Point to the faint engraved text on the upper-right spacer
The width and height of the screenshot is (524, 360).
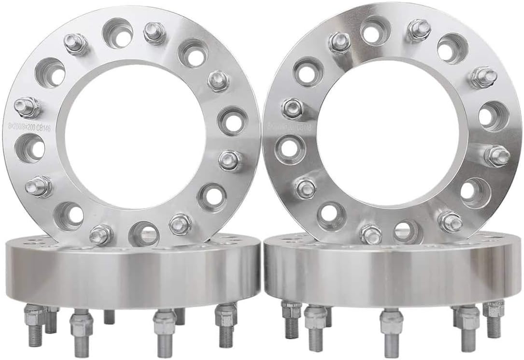click(289, 127)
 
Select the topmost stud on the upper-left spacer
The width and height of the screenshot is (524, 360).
click(155, 32)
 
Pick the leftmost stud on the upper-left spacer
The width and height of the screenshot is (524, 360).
click(27, 107)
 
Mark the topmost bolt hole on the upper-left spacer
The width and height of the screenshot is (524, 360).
click(118, 33)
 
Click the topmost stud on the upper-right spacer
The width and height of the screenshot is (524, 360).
click(418, 30)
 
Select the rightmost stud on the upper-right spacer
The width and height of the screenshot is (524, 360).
click(496, 156)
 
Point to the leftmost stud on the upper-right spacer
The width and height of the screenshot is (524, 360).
click(292, 109)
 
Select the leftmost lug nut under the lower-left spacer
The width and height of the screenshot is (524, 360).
click(35, 317)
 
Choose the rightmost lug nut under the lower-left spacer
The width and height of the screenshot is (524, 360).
click(226, 317)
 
